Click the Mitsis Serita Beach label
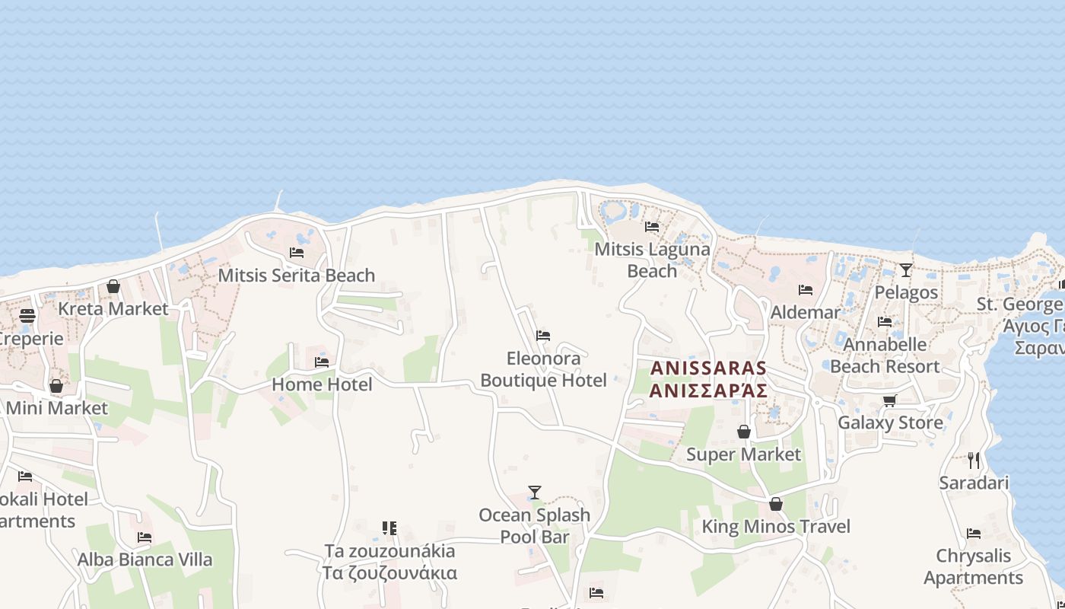[x=296, y=275]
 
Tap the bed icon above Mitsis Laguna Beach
[x=652, y=227]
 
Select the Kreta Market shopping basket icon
[x=113, y=286]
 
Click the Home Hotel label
[x=322, y=384]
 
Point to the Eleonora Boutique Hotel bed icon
[x=543, y=336]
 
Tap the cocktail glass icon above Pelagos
[x=905, y=269]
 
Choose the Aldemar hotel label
[x=805, y=312]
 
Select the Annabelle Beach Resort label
[x=885, y=356]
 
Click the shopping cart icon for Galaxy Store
[x=889, y=400]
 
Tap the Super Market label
[x=743, y=454]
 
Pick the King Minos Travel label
[x=775, y=526]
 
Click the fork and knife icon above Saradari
[x=974, y=460]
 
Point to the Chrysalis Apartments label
[x=973, y=566]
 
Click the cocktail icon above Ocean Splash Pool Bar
[x=535, y=493]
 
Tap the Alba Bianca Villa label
[x=145, y=560]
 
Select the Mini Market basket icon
[x=56, y=386]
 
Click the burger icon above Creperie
[x=27, y=316]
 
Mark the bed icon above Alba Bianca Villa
[x=145, y=537]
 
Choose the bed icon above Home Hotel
[x=322, y=362]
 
